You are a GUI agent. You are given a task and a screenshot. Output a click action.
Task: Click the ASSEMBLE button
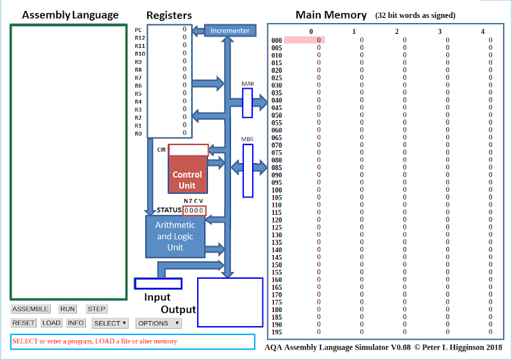click(30, 309)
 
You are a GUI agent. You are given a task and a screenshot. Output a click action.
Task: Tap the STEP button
click(97, 309)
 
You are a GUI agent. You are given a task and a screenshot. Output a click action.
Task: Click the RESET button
click(24, 323)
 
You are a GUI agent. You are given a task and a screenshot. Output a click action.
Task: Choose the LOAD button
click(51, 323)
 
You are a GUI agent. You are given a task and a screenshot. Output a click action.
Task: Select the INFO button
click(76, 323)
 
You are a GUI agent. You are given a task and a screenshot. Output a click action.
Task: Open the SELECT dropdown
click(109, 323)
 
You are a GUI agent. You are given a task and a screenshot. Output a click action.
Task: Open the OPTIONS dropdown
click(158, 323)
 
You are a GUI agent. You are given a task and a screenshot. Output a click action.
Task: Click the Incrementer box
click(230, 30)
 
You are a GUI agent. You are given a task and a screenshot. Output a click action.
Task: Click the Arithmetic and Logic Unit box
click(175, 236)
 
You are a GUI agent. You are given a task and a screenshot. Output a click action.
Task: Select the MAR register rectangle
click(248, 103)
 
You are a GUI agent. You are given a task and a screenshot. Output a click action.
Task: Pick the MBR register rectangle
click(248, 170)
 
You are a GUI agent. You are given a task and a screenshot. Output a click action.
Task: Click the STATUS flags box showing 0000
click(194, 210)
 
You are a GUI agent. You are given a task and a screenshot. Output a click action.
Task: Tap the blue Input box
click(158, 283)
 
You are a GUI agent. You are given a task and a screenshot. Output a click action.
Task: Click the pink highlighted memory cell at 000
click(305, 40)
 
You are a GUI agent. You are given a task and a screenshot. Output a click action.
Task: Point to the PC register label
click(138, 30)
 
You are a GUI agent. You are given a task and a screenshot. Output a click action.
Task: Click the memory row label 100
click(276, 190)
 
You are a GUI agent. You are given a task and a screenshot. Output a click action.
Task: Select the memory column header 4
click(483, 31)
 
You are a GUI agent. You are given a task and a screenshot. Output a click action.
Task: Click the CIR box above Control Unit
click(188, 150)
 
